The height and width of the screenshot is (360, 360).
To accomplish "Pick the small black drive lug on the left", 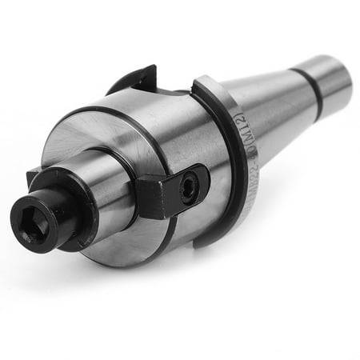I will (x=34, y=178).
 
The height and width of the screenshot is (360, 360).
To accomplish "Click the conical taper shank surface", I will (x=272, y=104).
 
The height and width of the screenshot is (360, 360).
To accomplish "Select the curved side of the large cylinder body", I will (x=160, y=136).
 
